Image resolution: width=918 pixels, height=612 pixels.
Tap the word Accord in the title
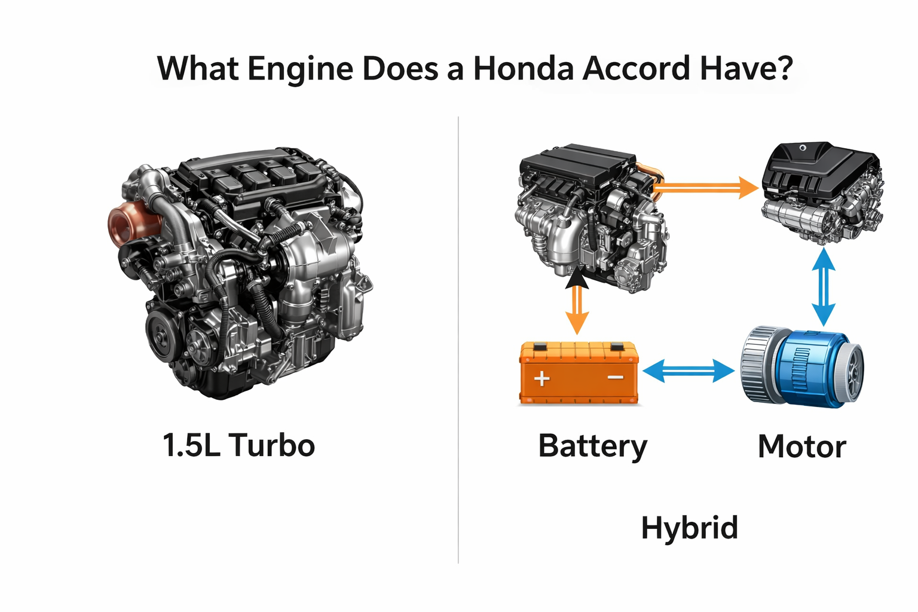637,68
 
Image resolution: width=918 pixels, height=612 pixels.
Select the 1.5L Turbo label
238,445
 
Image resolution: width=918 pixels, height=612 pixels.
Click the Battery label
592,446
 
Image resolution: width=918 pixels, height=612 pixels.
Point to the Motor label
801,446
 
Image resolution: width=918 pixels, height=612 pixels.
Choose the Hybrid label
689,528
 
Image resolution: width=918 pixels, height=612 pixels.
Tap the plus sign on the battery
541,378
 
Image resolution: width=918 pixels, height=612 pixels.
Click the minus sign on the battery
615,378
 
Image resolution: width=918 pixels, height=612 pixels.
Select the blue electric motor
802,367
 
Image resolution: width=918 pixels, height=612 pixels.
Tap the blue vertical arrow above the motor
824,287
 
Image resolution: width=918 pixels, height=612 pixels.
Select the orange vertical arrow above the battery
577,308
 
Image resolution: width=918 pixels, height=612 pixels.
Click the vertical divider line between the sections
458,341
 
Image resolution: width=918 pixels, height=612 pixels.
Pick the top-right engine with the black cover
822,191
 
